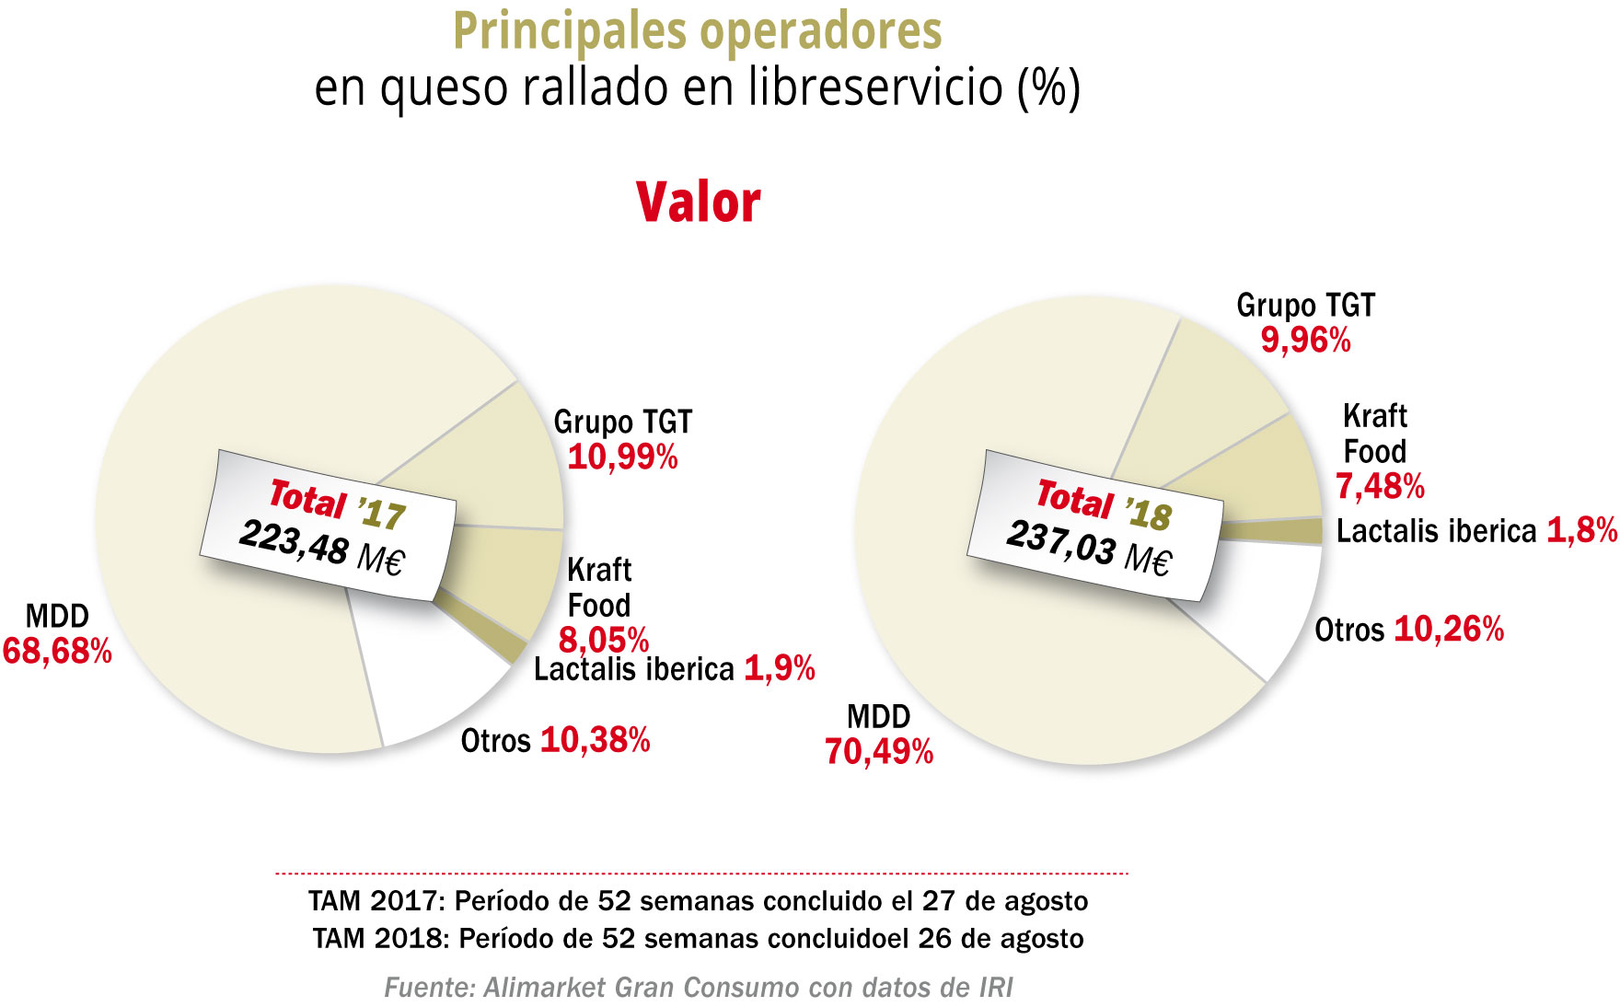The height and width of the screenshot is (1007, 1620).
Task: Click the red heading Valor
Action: pyautogui.click(x=698, y=203)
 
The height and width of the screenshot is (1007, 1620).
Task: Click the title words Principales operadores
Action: pyautogui.click(x=697, y=31)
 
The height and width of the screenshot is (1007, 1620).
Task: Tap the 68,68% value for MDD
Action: pyautogui.click(x=57, y=652)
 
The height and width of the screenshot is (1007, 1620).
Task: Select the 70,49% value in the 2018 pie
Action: pyautogui.click(x=879, y=752)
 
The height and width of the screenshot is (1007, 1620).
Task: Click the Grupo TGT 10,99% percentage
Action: pyautogui.click(x=622, y=457)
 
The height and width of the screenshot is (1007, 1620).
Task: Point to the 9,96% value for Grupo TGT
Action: pyautogui.click(x=1305, y=341)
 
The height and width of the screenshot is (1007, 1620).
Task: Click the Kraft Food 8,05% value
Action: pyautogui.click(x=604, y=640)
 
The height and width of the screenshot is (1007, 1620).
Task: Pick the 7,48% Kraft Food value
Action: pyautogui.click(x=1380, y=486)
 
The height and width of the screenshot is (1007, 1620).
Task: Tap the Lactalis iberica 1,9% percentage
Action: pyautogui.click(x=779, y=669)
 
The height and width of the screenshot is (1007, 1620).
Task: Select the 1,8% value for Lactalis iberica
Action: pyautogui.click(x=1581, y=531)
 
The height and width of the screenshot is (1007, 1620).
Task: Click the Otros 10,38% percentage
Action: pyautogui.click(x=595, y=740)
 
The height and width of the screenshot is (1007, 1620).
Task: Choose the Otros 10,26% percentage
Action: pyautogui.click(x=1449, y=630)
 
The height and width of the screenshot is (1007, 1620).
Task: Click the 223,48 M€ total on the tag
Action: pyautogui.click(x=321, y=547)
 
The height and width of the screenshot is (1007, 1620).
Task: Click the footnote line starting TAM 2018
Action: pyautogui.click(x=698, y=939)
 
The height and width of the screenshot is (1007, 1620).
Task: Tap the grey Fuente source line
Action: pyautogui.click(x=698, y=988)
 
